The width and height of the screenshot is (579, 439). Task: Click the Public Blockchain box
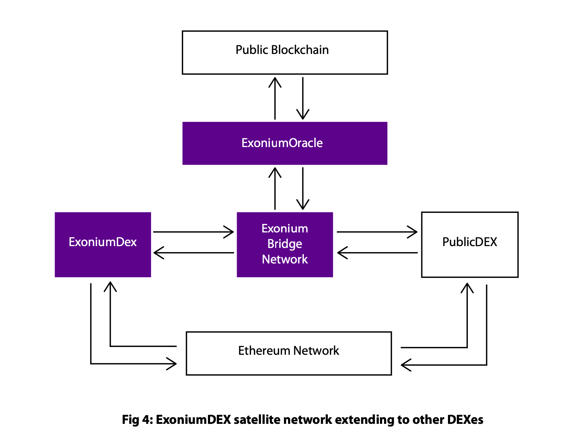(285, 52)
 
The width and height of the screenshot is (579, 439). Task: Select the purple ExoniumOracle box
(285, 143)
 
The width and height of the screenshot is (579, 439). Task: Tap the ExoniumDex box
(103, 244)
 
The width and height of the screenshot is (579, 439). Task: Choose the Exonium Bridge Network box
(285, 244)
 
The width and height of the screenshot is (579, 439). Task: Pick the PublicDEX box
(470, 244)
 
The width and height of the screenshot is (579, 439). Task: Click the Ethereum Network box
(289, 353)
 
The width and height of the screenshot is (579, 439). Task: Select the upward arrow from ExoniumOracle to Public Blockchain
(275, 98)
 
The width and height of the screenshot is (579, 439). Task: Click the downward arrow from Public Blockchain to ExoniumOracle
(303, 98)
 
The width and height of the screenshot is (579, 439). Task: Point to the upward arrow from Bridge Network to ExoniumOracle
(275, 188)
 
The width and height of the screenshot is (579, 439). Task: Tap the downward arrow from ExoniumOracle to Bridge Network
(303, 188)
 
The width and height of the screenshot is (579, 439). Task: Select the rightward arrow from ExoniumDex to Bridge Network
(193, 232)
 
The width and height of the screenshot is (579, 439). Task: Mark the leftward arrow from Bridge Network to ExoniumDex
(193, 253)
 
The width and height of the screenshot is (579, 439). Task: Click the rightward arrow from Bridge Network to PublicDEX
(377, 232)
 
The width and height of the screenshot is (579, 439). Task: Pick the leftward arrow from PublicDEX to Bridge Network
(377, 253)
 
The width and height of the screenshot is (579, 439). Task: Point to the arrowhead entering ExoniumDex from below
(110, 286)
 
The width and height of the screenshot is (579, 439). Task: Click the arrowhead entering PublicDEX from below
(467, 287)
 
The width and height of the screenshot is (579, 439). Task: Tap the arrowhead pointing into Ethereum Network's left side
(172, 364)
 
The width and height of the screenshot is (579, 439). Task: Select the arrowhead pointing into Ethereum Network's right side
(405, 365)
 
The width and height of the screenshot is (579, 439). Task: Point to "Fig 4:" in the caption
(137, 420)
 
